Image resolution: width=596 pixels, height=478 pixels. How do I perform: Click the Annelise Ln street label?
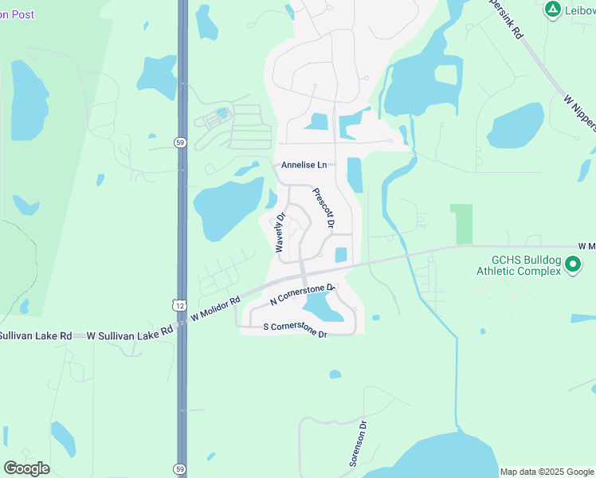(x=304, y=165)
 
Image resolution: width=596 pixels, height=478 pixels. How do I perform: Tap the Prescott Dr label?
(x=323, y=207)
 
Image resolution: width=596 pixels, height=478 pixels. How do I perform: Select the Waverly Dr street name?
(x=280, y=233)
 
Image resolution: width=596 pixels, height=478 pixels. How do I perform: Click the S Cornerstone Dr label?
(x=296, y=329)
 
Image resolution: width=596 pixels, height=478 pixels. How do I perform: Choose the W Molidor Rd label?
(x=215, y=310)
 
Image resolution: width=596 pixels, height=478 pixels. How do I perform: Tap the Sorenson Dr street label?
(x=358, y=445)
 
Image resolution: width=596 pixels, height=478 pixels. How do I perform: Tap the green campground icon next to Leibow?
(x=551, y=10)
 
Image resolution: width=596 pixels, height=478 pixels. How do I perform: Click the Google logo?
(x=26, y=468)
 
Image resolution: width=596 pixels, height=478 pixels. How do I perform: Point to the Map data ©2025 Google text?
(x=547, y=472)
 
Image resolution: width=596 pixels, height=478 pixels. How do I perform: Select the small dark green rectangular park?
(x=461, y=224)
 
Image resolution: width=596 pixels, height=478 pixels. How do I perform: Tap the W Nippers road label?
(x=580, y=112)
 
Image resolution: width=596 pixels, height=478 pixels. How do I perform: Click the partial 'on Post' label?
(x=17, y=14)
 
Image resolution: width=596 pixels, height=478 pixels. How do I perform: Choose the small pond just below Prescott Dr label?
(x=341, y=255)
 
